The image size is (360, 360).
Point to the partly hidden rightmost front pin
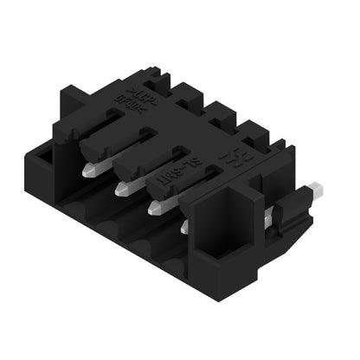pos(185,227)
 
